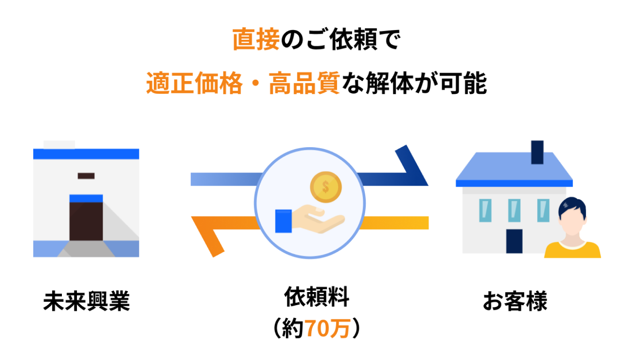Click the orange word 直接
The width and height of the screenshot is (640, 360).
pyautogui.click(x=256, y=39)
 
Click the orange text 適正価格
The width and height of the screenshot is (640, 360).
pyautogui.click(x=194, y=84)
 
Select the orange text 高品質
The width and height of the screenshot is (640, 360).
pyautogui.click(x=304, y=84)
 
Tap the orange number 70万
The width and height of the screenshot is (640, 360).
pyautogui.click(x=327, y=329)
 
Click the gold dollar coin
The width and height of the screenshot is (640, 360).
pyautogui.click(x=326, y=187)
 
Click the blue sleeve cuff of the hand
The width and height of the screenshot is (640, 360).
pyautogui.click(x=283, y=221)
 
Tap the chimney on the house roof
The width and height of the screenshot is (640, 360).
pyautogui.click(x=537, y=152)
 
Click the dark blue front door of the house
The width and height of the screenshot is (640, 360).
pyautogui.click(x=514, y=241)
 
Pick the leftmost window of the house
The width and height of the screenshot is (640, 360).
pyautogui.click(x=485, y=210)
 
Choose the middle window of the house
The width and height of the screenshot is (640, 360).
pyautogui.click(x=514, y=210)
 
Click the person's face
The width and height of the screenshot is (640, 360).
pyautogui.click(x=572, y=223)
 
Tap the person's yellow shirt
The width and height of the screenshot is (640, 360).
pyautogui.click(x=572, y=251)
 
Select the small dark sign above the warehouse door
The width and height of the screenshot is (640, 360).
pyautogui.click(x=86, y=176)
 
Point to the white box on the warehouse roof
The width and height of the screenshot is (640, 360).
pyautogui.click(x=59, y=144)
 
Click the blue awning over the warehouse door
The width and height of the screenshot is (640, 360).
pyautogui.click(x=86, y=198)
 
